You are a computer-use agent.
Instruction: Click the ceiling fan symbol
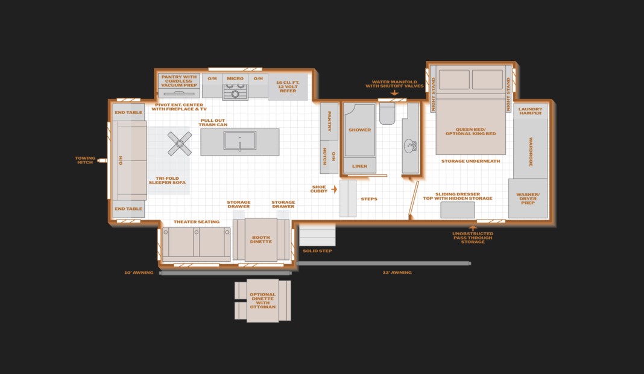tap(180, 144)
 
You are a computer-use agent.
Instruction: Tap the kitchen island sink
tap(240, 141)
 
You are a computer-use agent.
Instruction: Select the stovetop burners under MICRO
tap(235, 92)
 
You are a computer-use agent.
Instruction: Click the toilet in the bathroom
tap(387, 113)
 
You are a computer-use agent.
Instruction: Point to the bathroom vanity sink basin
tap(410, 145)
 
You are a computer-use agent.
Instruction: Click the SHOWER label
tap(360, 130)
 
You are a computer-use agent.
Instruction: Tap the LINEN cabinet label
tap(359, 166)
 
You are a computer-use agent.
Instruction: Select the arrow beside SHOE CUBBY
tap(334, 189)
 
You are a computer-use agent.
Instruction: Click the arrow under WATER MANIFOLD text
tap(394, 93)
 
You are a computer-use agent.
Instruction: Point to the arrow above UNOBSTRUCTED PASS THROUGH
tap(473, 227)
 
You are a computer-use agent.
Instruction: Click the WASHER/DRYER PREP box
tap(528, 198)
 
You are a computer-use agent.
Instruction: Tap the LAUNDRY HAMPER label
tap(530, 111)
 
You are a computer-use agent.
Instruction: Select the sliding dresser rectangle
tap(458, 210)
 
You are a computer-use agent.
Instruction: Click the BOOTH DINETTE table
tap(261, 239)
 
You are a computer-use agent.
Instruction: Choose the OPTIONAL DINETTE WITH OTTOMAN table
tap(263, 301)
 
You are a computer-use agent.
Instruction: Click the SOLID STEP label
tap(317, 251)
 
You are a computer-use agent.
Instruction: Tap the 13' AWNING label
tap(397, 273)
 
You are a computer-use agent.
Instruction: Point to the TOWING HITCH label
tap(85, 160)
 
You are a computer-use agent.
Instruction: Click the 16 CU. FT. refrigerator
tap(288, 87)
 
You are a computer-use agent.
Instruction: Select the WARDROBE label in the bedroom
tap(531, 151)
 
